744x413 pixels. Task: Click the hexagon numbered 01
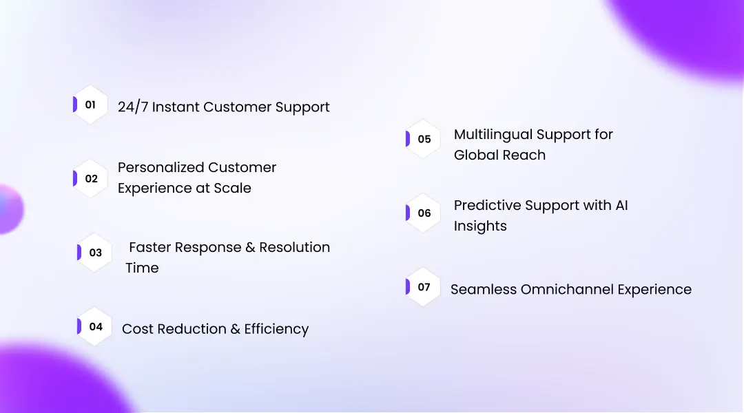[x=91, y=105]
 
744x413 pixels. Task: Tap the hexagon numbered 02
[x=91, y=179]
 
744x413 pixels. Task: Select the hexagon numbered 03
[x=95, y=253]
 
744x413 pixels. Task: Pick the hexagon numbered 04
[x=95, y=327]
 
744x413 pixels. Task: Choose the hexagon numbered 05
[x=424, y=139]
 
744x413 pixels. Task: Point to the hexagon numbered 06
[x=424, y=213]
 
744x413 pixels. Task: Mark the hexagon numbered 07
[x=424, y=287]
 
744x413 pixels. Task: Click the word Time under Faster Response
[x=142, y=268]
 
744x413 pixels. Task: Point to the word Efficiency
[x=276, y=330]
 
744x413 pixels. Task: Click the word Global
[x=475, y=156]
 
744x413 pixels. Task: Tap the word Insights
[x=480, y=226]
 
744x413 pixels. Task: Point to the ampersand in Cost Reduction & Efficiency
[x=235, y=330]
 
